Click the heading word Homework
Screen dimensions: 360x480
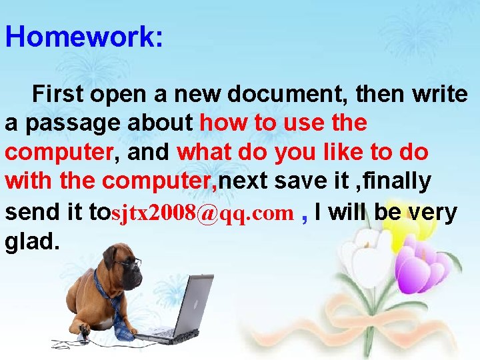83,37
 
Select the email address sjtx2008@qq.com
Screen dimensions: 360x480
203,213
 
